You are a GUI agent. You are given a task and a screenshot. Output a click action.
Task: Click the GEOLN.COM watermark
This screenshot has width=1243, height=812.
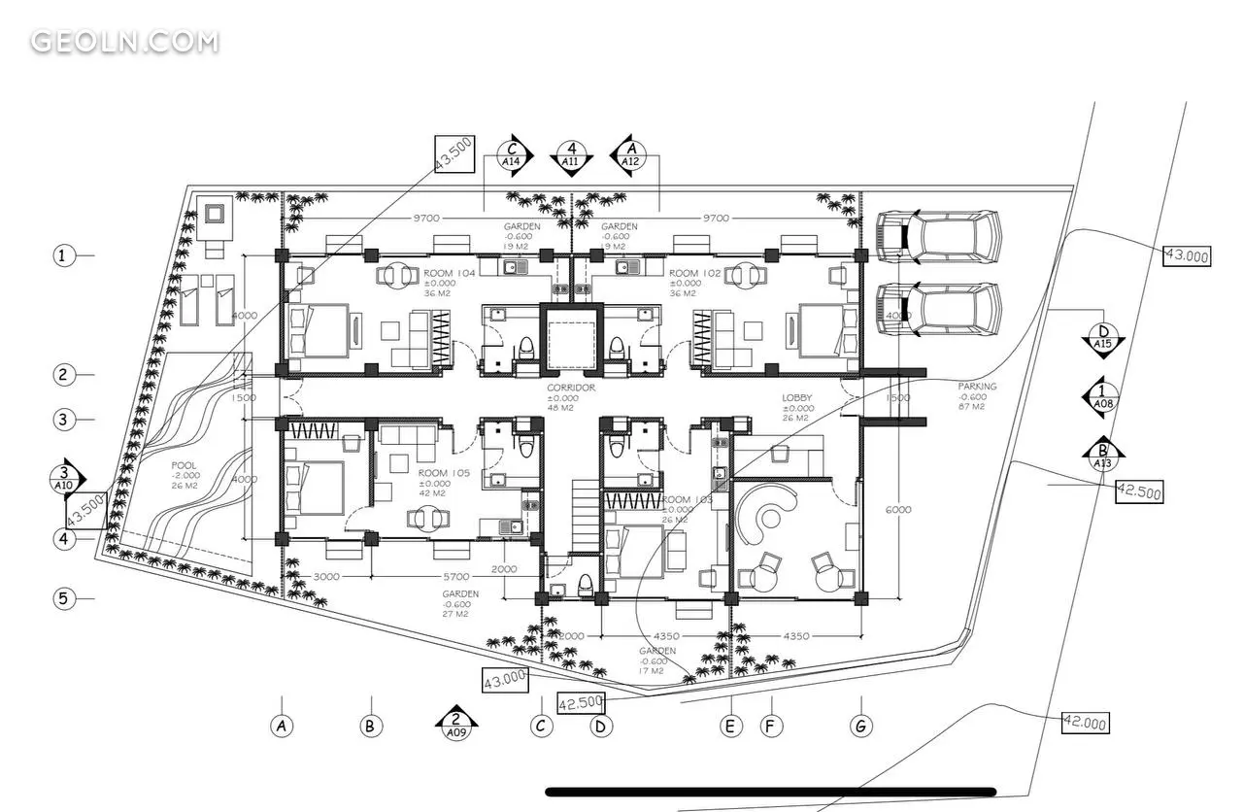124,42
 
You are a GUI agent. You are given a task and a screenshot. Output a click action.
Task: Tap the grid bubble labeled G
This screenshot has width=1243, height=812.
860,726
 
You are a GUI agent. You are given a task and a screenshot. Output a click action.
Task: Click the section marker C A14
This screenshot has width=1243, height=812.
511,156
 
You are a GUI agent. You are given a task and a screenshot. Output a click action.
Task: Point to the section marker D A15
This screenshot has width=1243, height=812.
1103,337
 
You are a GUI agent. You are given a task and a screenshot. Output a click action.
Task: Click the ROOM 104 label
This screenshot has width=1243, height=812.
450,274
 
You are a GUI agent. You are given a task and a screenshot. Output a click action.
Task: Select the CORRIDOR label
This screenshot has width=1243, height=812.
571,388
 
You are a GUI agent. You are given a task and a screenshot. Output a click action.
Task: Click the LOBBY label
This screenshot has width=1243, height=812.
797,398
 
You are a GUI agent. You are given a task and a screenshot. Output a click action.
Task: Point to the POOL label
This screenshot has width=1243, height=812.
184,465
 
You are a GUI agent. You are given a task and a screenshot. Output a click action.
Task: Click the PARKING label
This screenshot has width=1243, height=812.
977,387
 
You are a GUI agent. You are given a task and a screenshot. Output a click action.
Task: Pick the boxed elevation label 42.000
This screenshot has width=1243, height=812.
1086,723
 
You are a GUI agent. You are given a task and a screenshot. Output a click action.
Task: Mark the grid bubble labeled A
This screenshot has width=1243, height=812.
282,726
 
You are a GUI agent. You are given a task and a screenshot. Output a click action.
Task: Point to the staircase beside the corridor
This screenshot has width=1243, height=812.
585,514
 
